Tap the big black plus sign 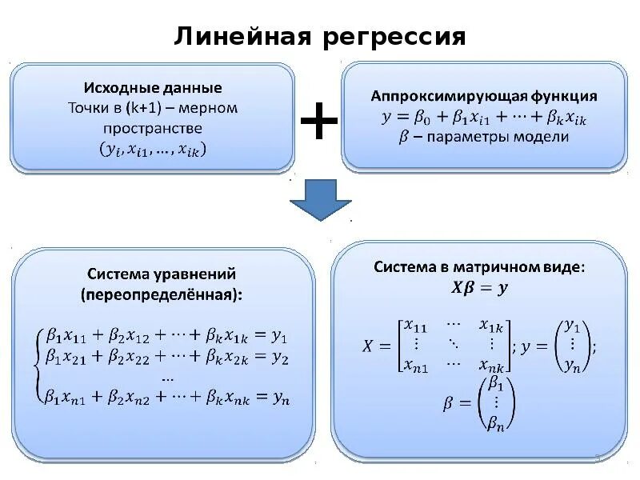(318, 122)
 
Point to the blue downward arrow (320, 199)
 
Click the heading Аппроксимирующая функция (483, 96)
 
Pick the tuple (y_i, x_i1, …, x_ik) (153, 149)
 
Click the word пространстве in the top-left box (153, 128)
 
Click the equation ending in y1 (166, 336)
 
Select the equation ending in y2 (166, 357)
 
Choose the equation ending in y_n (166, 395)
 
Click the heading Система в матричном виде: (480, 269)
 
